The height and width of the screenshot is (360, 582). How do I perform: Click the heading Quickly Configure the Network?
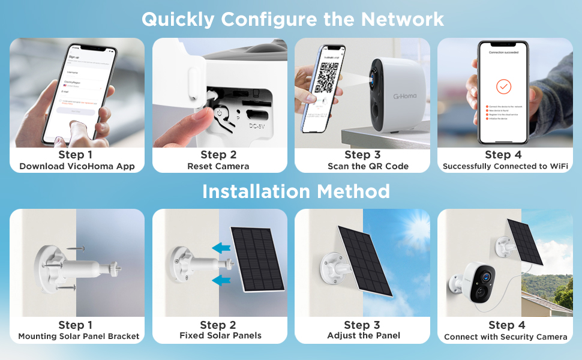point(293,19)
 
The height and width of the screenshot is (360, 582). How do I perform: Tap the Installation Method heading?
point(296,191)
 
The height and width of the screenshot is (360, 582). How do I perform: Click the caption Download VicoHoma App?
point(77,166)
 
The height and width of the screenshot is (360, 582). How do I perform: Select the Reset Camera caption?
point(218,166)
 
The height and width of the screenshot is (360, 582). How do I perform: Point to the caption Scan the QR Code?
point(368,166)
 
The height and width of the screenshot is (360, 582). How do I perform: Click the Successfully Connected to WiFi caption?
point(505,166)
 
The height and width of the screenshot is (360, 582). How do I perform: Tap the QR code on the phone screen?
point(324,79)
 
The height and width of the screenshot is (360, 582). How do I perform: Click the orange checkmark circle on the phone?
point(504,87)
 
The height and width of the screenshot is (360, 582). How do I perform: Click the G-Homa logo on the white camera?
point(406,95)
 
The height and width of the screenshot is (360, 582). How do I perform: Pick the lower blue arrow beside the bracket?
point(221,280)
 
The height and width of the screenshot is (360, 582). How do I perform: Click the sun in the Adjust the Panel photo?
point(413,229)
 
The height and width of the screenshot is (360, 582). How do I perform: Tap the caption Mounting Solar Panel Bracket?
point(79,337)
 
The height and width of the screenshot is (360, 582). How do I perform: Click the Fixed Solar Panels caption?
point(220,336)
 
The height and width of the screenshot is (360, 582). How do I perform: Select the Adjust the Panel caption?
point(364,336)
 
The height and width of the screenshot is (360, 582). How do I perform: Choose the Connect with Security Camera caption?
point(505,337)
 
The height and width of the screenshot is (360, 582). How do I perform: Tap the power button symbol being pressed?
point(220,112)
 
